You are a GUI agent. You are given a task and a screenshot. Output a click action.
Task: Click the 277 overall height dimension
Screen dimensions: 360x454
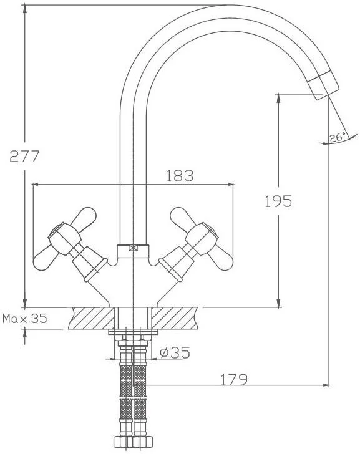coord(24,156)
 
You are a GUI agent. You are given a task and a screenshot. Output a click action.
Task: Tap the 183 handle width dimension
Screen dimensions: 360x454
coord(180,175)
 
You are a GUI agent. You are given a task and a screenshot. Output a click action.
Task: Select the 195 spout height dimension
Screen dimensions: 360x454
coord(278,201)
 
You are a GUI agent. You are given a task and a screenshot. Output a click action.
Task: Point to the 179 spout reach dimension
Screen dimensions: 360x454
coord(234,379)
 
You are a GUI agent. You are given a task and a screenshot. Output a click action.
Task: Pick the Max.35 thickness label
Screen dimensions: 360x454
coord(24,319)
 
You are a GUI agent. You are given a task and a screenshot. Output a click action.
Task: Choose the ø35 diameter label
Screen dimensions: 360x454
coord(175,352)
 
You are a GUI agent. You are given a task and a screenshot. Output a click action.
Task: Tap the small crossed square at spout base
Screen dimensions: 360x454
coord(133,248)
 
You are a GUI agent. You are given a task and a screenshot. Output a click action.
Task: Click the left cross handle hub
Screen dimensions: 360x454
coord(64,238)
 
